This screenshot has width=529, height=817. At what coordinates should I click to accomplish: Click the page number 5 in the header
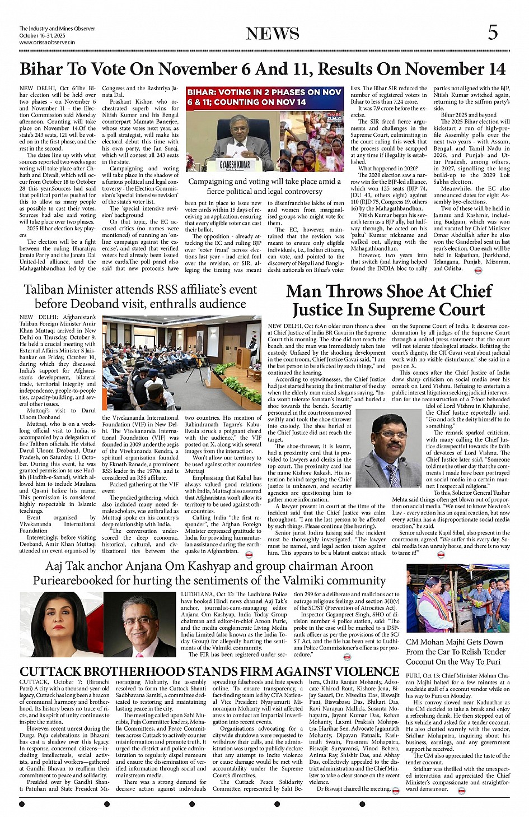493,33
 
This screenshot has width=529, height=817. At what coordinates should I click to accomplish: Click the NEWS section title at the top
273,34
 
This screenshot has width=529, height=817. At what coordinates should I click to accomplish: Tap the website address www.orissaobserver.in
47,43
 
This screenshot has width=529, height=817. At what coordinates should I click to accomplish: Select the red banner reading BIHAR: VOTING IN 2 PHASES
264,96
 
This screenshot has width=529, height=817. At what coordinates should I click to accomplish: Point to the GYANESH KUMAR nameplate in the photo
235,165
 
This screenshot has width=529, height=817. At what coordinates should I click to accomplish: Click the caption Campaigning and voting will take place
264,186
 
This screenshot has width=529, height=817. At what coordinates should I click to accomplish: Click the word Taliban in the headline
50,290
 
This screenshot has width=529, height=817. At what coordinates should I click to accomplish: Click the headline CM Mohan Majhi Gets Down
455,642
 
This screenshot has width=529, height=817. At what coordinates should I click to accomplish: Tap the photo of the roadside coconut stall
457,598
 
